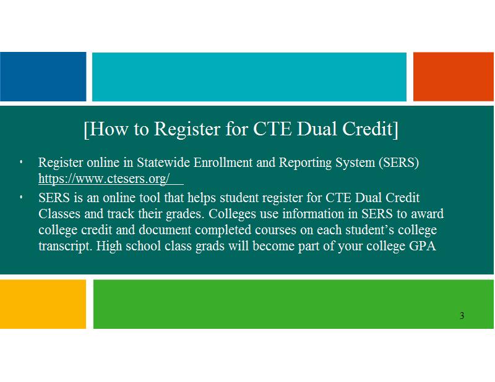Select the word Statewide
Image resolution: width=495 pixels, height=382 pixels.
[x=163, y=163]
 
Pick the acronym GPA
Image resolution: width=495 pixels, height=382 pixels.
[x=423, y=246]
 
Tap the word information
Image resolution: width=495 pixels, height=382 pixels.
[x=314, y=213]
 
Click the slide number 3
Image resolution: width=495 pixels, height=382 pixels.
[x=462, y=315]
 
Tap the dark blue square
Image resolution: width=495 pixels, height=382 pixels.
[x=43, y=77]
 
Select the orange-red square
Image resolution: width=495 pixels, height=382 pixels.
[x=454, y=77]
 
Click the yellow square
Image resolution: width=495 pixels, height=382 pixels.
[x=43, y=304]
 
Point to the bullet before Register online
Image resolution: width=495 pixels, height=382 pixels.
[x=21, y=162]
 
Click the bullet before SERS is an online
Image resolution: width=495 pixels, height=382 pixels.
[x=21, y=197]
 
